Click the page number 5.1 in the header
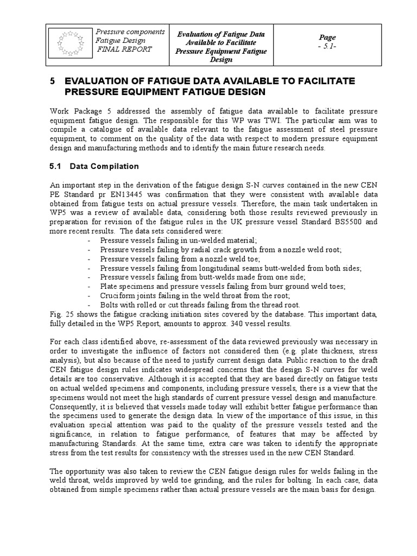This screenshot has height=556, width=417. pyautogui.click(x=327, y=46)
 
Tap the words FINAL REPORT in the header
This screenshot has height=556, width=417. pyautogui.click(x=124, y=49)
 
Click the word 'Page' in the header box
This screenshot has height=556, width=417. pyautogui.click(x=327, y=37)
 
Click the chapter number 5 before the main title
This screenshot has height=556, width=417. pyautogui.click(x=52, y=81)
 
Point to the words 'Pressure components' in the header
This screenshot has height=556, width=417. pyautogui.click(x=130, y=32)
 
